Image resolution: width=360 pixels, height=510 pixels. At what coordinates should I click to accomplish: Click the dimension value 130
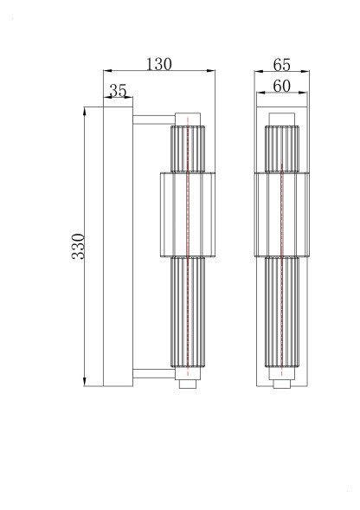coord(158,64)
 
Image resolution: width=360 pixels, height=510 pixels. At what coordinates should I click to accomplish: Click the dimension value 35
coord(119,90)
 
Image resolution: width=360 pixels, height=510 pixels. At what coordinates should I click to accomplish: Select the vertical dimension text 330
coord(78,247)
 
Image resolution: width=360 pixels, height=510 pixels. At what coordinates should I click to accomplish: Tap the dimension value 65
coord(281,64)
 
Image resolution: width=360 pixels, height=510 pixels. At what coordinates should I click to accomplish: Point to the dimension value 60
coord(281,86)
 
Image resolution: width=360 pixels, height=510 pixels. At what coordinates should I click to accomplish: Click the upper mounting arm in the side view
coord(152,117)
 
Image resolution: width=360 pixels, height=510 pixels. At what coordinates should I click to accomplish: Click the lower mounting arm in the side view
coord(152,375)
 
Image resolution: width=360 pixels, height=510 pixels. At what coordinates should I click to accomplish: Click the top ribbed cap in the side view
coord(187,149)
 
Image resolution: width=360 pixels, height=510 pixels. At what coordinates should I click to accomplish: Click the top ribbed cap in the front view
coord(281,149)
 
